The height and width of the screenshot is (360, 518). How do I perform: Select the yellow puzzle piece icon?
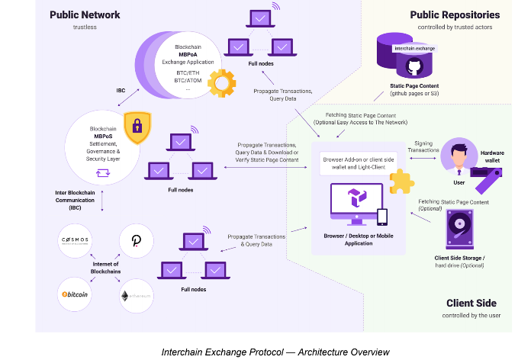(x=401, y=182)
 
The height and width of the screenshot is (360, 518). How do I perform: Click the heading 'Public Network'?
(x=84, y=14)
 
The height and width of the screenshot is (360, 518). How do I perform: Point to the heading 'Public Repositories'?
(x=455, y=14)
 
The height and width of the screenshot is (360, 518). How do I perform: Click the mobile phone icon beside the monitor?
(x=382, y=218)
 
